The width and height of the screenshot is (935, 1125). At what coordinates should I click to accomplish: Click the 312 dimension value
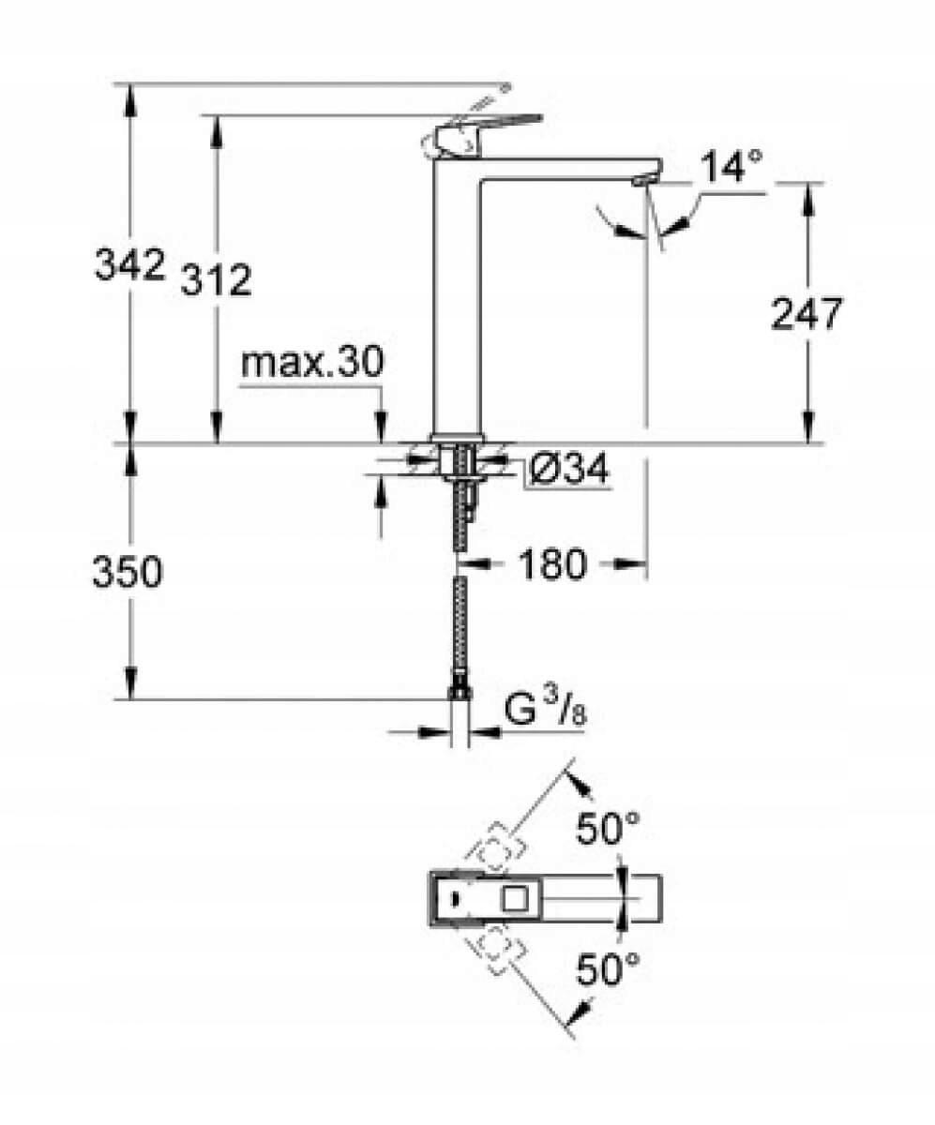click(x=215, y=280)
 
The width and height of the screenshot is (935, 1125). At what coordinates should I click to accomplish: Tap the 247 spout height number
click(x=806, y=314)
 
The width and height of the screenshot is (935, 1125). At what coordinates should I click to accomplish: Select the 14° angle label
click(x=730, y=168)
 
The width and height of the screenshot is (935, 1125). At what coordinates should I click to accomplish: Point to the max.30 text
click(x=311, y=363)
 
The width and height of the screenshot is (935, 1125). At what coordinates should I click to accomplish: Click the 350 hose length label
click(x=127, y=572)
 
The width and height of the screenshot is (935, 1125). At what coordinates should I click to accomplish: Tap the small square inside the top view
click(x=516, y=898)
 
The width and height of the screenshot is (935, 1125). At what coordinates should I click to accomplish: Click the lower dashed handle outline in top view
click(x=498, y=951)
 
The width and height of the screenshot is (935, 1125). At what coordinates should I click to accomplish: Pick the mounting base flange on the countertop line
click(x=457, y=438)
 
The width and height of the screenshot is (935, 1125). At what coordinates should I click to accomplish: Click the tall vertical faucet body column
click(x=456, y=300)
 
